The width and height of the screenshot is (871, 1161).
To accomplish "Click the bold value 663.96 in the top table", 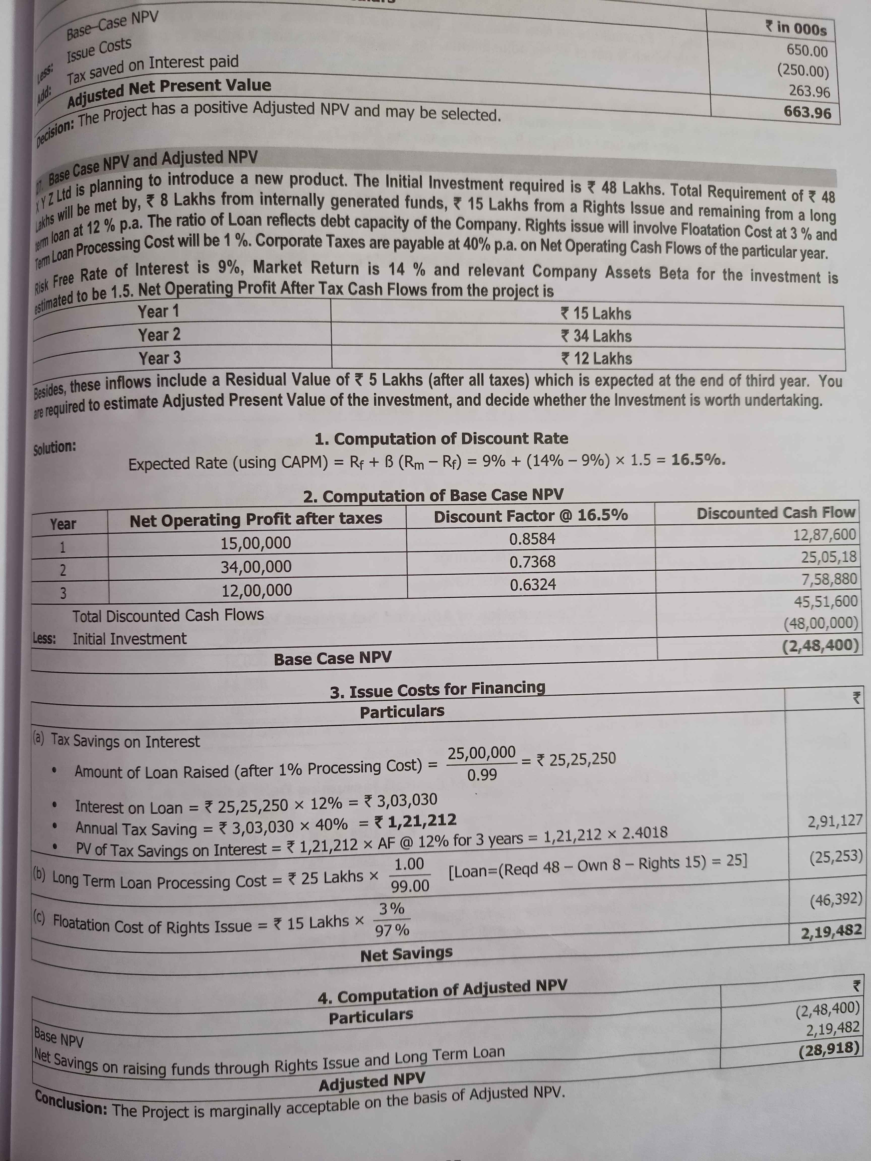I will tap(807, 112).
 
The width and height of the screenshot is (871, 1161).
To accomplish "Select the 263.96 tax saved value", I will tap(809, 91).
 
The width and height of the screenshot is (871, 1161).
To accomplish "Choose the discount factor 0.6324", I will tap(532, 585).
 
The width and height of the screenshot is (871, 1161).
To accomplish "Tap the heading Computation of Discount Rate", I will tap(441, 438).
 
